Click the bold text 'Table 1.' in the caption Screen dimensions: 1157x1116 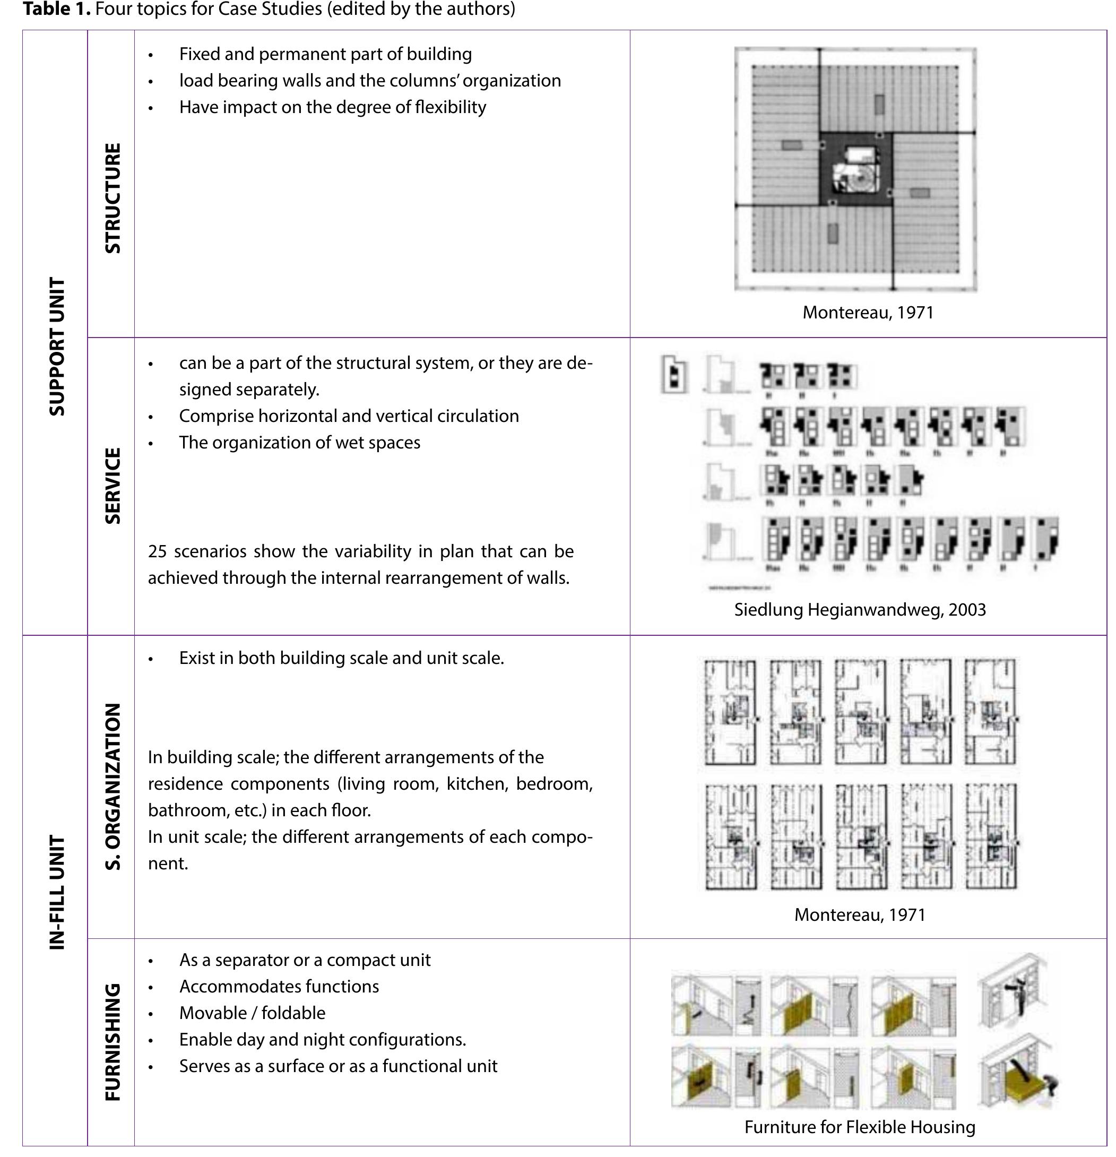click(x=57, y=10)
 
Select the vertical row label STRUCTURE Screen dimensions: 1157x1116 click(x=112, y=198)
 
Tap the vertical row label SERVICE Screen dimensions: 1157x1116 click(x=112, y=486)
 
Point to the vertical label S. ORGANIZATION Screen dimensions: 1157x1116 click(x=112, y=787)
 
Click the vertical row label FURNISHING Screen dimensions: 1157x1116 click(x=112, y=1042)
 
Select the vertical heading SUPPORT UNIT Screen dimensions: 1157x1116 click(x=57, y=347)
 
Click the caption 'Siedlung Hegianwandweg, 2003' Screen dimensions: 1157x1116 click(x=859, y=610)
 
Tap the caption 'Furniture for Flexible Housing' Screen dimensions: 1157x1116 click(x=859, y=1127)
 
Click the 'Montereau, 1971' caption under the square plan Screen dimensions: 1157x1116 click(x=868, y=312)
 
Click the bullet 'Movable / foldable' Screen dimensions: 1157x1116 click(x=252, y=1013)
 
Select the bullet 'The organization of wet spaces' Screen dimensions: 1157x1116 click(x=299, y=443)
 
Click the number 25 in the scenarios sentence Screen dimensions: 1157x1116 click(x=158, y=551)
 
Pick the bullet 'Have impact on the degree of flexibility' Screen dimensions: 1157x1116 click(x=332, y=107)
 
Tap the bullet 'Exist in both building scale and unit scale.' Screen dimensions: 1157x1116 click(x=341, y=658)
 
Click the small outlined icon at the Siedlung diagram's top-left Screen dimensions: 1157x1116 click(x=674, y=374)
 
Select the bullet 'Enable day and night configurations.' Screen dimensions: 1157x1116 click(x=322, y=1040)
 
